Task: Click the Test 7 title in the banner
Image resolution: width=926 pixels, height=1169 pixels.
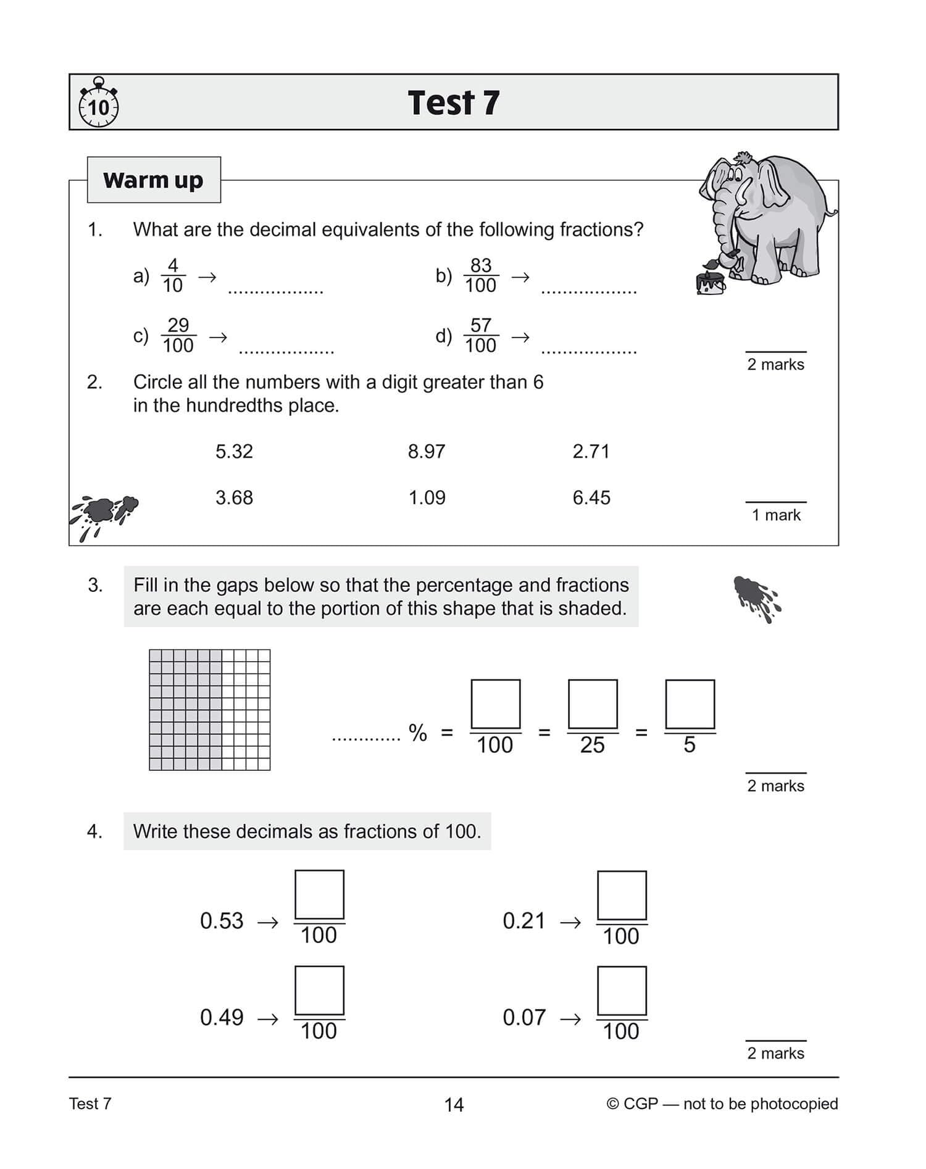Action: pos(453,102)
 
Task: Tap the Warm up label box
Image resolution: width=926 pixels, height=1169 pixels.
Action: pos(154,180)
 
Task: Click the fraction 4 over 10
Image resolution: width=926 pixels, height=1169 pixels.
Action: pos(173,276)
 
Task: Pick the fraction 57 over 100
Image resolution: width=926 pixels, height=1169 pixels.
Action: pos(481,336)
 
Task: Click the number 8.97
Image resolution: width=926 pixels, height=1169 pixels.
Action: pos(426,452)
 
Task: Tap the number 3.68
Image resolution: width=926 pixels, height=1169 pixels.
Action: pos(234,498)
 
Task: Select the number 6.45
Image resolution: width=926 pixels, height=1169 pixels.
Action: pos(591,498)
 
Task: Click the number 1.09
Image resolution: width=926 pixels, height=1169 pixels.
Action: pos(427,498)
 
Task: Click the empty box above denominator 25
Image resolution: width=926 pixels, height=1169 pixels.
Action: pos(593,704)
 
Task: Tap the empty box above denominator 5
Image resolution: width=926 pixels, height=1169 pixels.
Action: pos(690,704)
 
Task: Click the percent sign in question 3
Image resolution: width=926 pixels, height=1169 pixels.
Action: pos(418,733)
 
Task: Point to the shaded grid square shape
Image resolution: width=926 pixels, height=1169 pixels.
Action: pos(209,710)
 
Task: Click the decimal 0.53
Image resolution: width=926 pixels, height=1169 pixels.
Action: pos(222,921)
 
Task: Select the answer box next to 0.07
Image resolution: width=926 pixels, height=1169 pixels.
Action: pos(622,991)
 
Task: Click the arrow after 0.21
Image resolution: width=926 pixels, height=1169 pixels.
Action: pos(570,923)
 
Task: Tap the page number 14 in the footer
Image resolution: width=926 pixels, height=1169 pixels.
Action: pos(454,1105)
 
